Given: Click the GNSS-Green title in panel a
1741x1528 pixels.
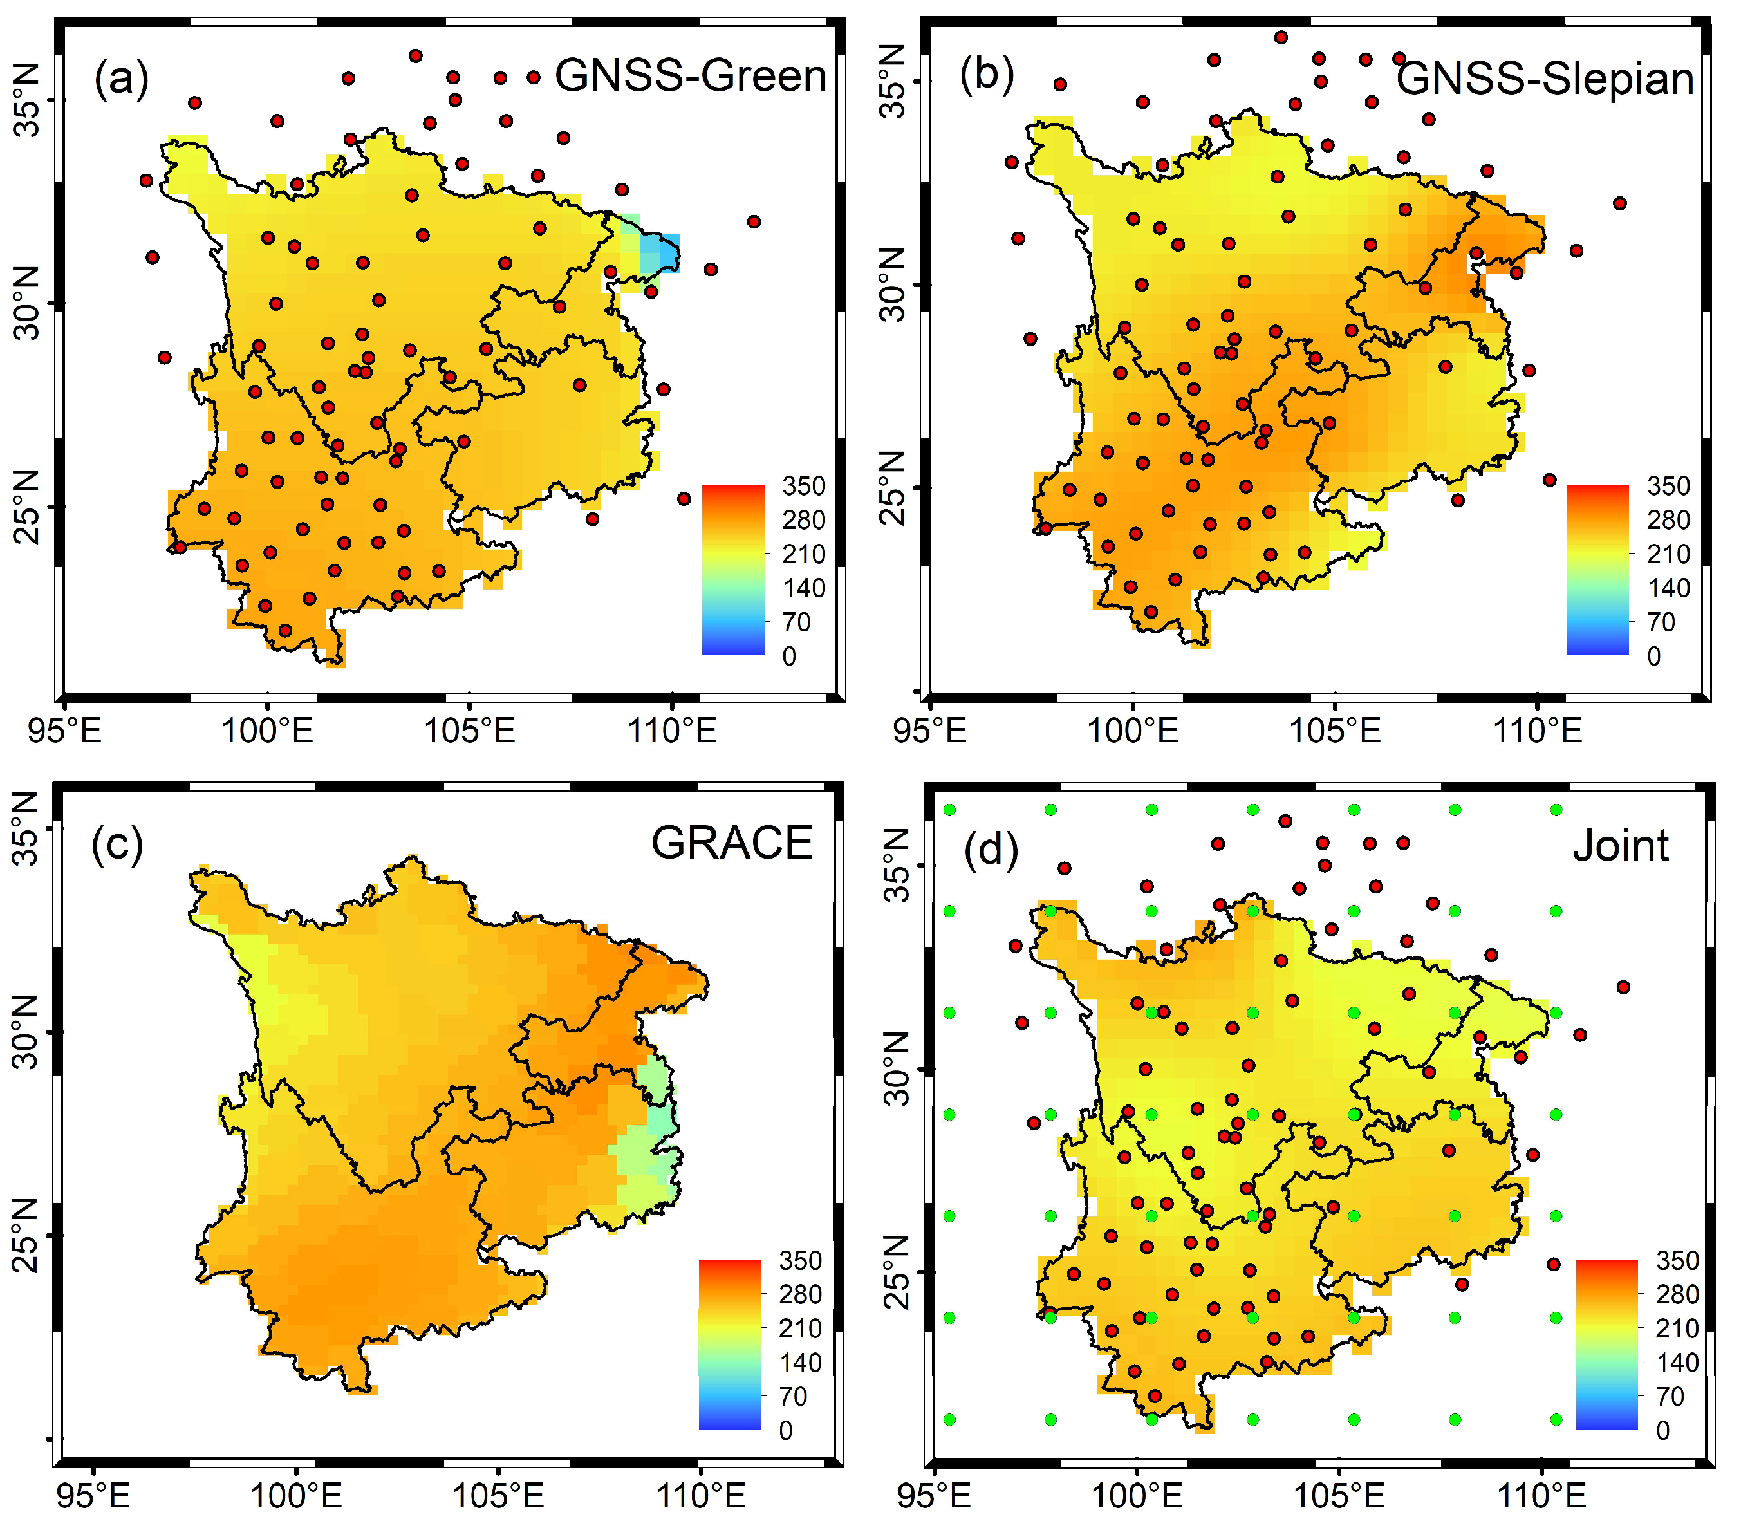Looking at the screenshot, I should (x=690, y=76).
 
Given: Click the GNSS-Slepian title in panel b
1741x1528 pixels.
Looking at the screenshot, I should (x=1544, y=79).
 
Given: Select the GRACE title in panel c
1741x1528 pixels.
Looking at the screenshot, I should (x=732, y=843).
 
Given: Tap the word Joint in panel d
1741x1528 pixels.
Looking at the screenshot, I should (x=1620, y=846).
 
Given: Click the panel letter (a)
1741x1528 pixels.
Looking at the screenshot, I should (x=121, y=79).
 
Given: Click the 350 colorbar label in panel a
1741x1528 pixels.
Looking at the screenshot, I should (x=803, y=487).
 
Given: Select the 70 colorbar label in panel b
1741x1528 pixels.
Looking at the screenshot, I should (x=1661, y=622).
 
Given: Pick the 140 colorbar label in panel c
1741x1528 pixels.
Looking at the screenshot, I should (x=800, y=1363).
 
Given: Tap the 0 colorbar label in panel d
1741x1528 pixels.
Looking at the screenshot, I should (x=1662, y=1431).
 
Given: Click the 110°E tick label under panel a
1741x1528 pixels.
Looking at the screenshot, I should (x=672, y=731).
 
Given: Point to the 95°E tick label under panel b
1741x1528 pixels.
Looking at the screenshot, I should (x=930, y=731).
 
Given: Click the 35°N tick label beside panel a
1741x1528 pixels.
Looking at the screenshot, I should (x=27, y=100).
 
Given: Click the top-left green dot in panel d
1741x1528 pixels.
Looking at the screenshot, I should (x=950, y=809).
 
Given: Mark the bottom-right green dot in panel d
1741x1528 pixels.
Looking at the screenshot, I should (x=1556, y=1420).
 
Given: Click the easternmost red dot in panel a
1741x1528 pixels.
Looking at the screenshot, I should (x=754, y=221).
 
